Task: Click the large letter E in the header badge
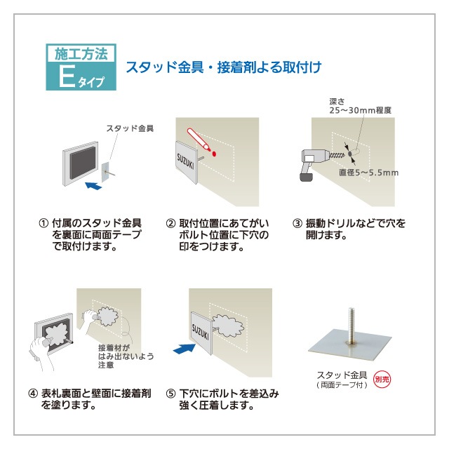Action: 66,76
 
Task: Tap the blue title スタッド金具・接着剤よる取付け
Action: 222,68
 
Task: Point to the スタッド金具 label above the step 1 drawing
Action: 130,128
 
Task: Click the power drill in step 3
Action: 311,162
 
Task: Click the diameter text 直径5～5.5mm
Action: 368,173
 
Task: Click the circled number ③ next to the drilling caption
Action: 297,224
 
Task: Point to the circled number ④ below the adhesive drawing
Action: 32,394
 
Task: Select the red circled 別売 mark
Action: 382,378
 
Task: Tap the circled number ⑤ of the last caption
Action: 170,394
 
